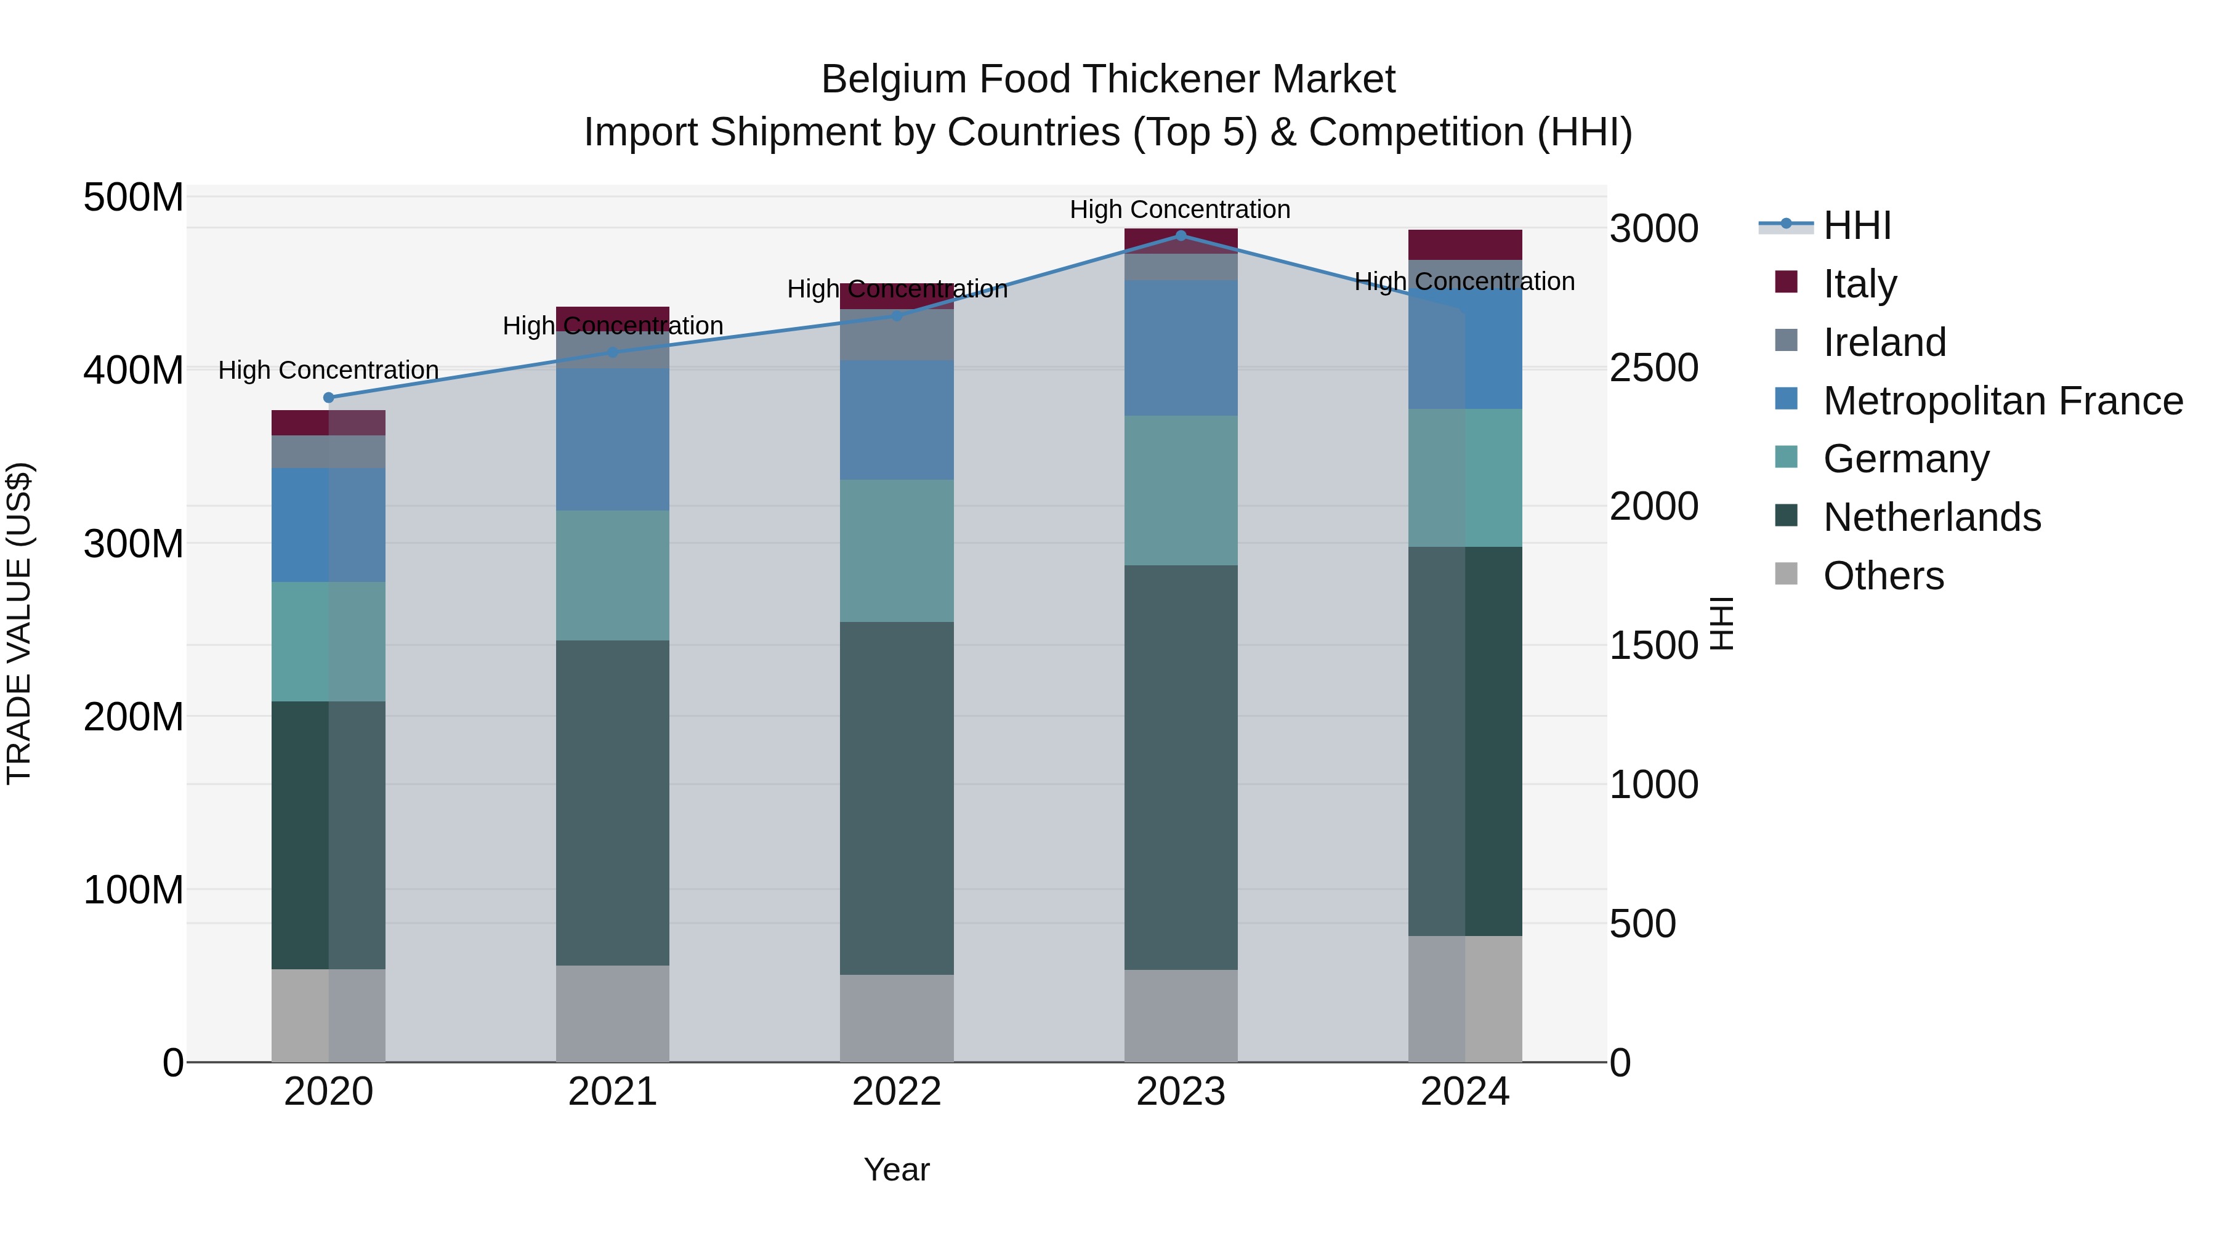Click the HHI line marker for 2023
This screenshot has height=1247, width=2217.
[x=1181, y=236]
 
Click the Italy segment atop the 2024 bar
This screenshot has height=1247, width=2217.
[x=1465, y=244]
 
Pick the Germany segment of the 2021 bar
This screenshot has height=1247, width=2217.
[x=613, y=575]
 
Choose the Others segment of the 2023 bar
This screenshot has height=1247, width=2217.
[x=1181, y=1015]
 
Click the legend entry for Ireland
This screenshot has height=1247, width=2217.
[x=1884, y=342]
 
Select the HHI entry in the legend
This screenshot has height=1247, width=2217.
[x=1856, y=225]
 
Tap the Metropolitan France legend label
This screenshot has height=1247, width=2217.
[x=2003, y=401]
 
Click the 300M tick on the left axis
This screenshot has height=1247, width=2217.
[x=134, y=544]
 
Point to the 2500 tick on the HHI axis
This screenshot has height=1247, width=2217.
[x=1654, y=368]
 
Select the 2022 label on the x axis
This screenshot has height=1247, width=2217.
[x=897, y=1092]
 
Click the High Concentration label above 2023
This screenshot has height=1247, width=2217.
[x=1180, y=209]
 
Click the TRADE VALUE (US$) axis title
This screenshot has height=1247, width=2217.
[x=19, y=623]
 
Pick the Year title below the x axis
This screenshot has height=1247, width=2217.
[x=897, y=1169]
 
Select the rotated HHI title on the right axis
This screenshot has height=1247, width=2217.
[x=1721, y=623]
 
